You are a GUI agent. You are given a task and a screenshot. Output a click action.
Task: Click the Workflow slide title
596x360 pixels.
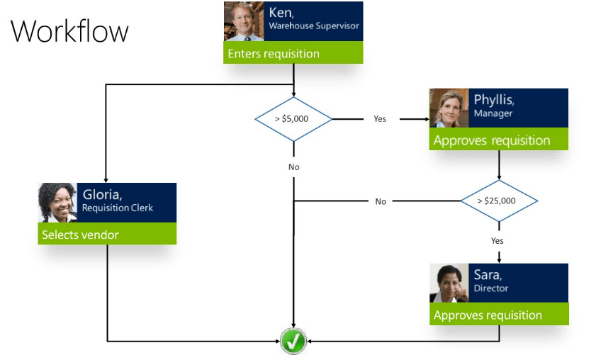69,32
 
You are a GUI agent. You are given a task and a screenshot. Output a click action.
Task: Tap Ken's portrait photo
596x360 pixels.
244,21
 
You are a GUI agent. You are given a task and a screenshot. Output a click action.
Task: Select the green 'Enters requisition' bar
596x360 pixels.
293,53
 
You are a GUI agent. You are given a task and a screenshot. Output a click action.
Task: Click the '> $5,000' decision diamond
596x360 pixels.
293,119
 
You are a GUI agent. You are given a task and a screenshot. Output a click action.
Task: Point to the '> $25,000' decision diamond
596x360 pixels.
498,201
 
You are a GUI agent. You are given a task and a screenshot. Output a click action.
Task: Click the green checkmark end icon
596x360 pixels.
293,342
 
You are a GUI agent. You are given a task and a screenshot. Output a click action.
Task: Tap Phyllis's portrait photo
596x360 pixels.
449,108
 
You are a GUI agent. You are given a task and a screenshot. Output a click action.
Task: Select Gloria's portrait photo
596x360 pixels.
57,203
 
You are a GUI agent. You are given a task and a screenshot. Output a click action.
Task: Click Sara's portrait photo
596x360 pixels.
449,283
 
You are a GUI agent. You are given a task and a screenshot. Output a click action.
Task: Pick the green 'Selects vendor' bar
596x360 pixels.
106,235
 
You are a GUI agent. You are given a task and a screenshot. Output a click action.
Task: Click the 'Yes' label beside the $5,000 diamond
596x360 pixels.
380,119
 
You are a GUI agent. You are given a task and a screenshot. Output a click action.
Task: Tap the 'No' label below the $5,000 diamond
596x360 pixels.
293,167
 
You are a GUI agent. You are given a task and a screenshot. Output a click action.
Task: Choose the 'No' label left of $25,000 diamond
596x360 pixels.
381,201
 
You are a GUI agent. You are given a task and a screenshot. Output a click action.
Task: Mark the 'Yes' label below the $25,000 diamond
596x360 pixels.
497,241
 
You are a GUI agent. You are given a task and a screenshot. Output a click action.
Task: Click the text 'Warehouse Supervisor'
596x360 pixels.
313,26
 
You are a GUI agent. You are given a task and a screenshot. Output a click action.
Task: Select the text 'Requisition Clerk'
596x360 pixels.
117,208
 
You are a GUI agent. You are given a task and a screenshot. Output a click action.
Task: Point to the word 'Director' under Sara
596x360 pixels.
491,289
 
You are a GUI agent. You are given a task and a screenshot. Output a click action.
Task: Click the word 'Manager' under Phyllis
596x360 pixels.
493,113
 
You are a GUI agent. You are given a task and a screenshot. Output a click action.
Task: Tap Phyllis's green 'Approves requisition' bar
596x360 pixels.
498,140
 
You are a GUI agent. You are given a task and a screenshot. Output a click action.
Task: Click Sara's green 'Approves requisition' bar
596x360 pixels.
498,315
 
